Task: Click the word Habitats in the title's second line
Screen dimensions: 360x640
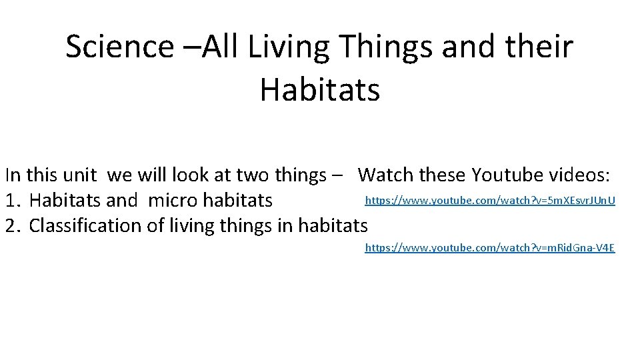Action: pos(319,89)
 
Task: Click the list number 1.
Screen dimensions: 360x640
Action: pos(12,200)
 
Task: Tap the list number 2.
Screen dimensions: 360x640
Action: pos(12,226)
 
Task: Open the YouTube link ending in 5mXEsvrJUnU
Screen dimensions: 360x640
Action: pos(490,200)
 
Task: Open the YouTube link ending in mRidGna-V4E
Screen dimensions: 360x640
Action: pos(490,248)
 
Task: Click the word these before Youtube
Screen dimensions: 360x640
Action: pos(444,175)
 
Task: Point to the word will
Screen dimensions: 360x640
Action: pos(152,175)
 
